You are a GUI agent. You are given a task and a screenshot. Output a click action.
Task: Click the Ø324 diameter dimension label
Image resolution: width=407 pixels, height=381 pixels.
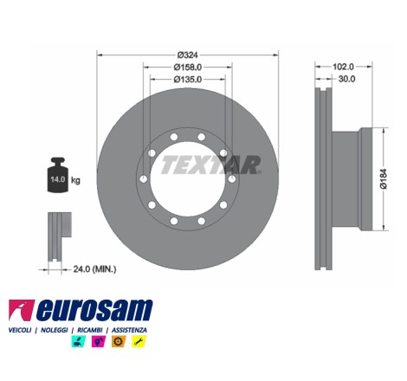point(188,55)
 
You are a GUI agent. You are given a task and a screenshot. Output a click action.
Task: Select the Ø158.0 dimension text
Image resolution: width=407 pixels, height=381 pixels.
point(188,67)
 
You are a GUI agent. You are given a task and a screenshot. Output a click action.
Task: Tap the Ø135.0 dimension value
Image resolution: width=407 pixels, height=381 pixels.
point(188,79)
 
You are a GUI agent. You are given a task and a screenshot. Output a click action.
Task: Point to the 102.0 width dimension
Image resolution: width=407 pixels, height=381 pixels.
point(343,67)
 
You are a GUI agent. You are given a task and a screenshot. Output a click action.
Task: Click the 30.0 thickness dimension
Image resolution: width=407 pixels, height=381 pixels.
point(346,79)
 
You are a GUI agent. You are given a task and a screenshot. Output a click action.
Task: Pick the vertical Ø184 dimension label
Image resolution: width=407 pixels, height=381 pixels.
point(384,179)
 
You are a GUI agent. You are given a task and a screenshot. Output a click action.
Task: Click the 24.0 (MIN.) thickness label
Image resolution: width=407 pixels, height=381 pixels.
point(94,269)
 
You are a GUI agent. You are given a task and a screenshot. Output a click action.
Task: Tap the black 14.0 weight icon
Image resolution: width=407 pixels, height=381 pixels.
point(58,175)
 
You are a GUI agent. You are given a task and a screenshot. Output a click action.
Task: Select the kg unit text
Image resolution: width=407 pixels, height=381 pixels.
point(75,181)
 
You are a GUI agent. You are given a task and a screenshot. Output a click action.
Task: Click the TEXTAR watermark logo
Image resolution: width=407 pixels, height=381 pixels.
point(211,165)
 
